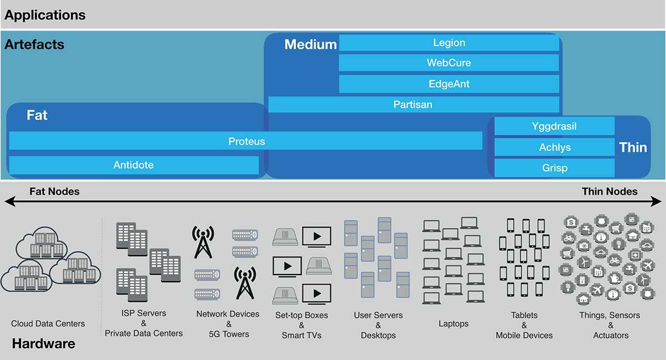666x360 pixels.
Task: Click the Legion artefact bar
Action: pyautogui.click(x=449, y=43)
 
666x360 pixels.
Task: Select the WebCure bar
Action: pyautogui.click(x=449, y=63)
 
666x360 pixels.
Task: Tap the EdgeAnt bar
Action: pyautogui.click(x=449, y=84)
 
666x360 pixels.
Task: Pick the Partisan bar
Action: pyautogui.click(x=413, y=104)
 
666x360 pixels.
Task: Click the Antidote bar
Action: pyautogui.click(x=134, y=165)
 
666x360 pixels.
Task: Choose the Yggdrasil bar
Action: pyautogui.click(x=554, y=126)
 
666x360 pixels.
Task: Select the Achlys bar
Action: pyautogui.click(x=554, y=147)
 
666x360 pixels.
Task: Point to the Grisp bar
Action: pyautogui.click(x=554, y=168)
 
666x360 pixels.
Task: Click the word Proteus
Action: pyautogui.click(x=246, y=141)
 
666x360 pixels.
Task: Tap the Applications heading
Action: pyautogui.click(x=45, y=15)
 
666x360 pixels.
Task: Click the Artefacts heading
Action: pyautogui.click(x=34, y=44)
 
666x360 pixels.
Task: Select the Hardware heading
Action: pyautogui.click(x=43, y=344)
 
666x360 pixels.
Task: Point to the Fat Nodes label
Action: pyautogui.click(x=54, y=192)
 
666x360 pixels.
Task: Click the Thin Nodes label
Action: pyautogui.click(x=609, y=192)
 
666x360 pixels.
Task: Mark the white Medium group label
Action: pyautogui.click(x=310, y=44)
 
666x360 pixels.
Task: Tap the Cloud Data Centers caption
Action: pyautogui.click(x=48, y=323)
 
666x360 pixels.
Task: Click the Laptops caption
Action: pyautogui.click(x=453, y=323)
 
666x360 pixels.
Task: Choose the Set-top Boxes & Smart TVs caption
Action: pyautogui.click(x=301, y=325)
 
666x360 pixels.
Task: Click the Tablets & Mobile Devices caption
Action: pyautogui.click(x=524, y=325)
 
